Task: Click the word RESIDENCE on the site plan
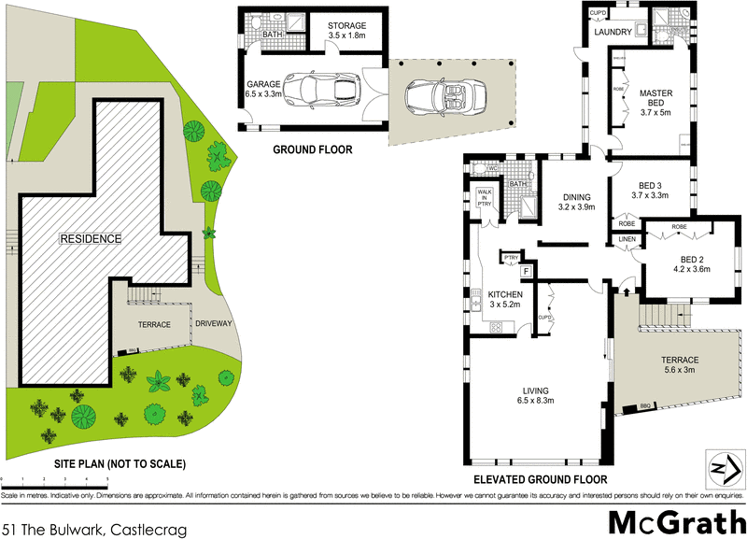click(x=91, y=238)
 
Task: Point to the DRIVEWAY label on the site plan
click(x=214, y=324)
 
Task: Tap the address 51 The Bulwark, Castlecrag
click(x=94, y=530)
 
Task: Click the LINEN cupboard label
click(x=627, y=240)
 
